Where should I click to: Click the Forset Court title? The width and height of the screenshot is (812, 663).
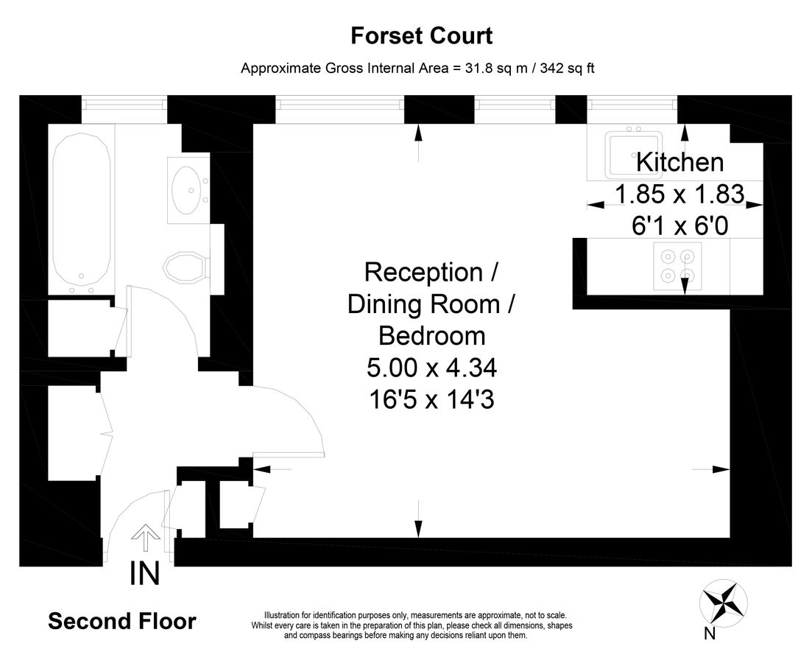pyautogui.click(x=421, y=35)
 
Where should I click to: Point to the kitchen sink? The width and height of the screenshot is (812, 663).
pyautogui.click(x=634, y=155)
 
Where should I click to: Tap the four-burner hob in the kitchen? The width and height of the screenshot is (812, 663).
pyautogui.click(x=677, y=266)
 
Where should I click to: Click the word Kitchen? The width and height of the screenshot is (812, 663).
pyautogui.click(x=679, y=162)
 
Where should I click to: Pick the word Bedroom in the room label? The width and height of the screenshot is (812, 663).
pyautogui.click(x=432, y=336)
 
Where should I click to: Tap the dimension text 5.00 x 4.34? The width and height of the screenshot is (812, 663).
pyautogui.click(x=432, y=368)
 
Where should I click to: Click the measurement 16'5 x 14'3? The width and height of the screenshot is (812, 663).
pyautogui.click(x=432, y=399)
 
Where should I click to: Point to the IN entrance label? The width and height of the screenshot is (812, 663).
pyautogui.click(x=145, y=574)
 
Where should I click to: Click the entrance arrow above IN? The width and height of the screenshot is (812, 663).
pyautogui.click(x=145, y=538)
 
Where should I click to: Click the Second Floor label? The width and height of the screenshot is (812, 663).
pyautogui.click(x=122, y=621)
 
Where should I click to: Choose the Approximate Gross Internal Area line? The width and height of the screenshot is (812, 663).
pyautogui.click(x=417, y=69)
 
